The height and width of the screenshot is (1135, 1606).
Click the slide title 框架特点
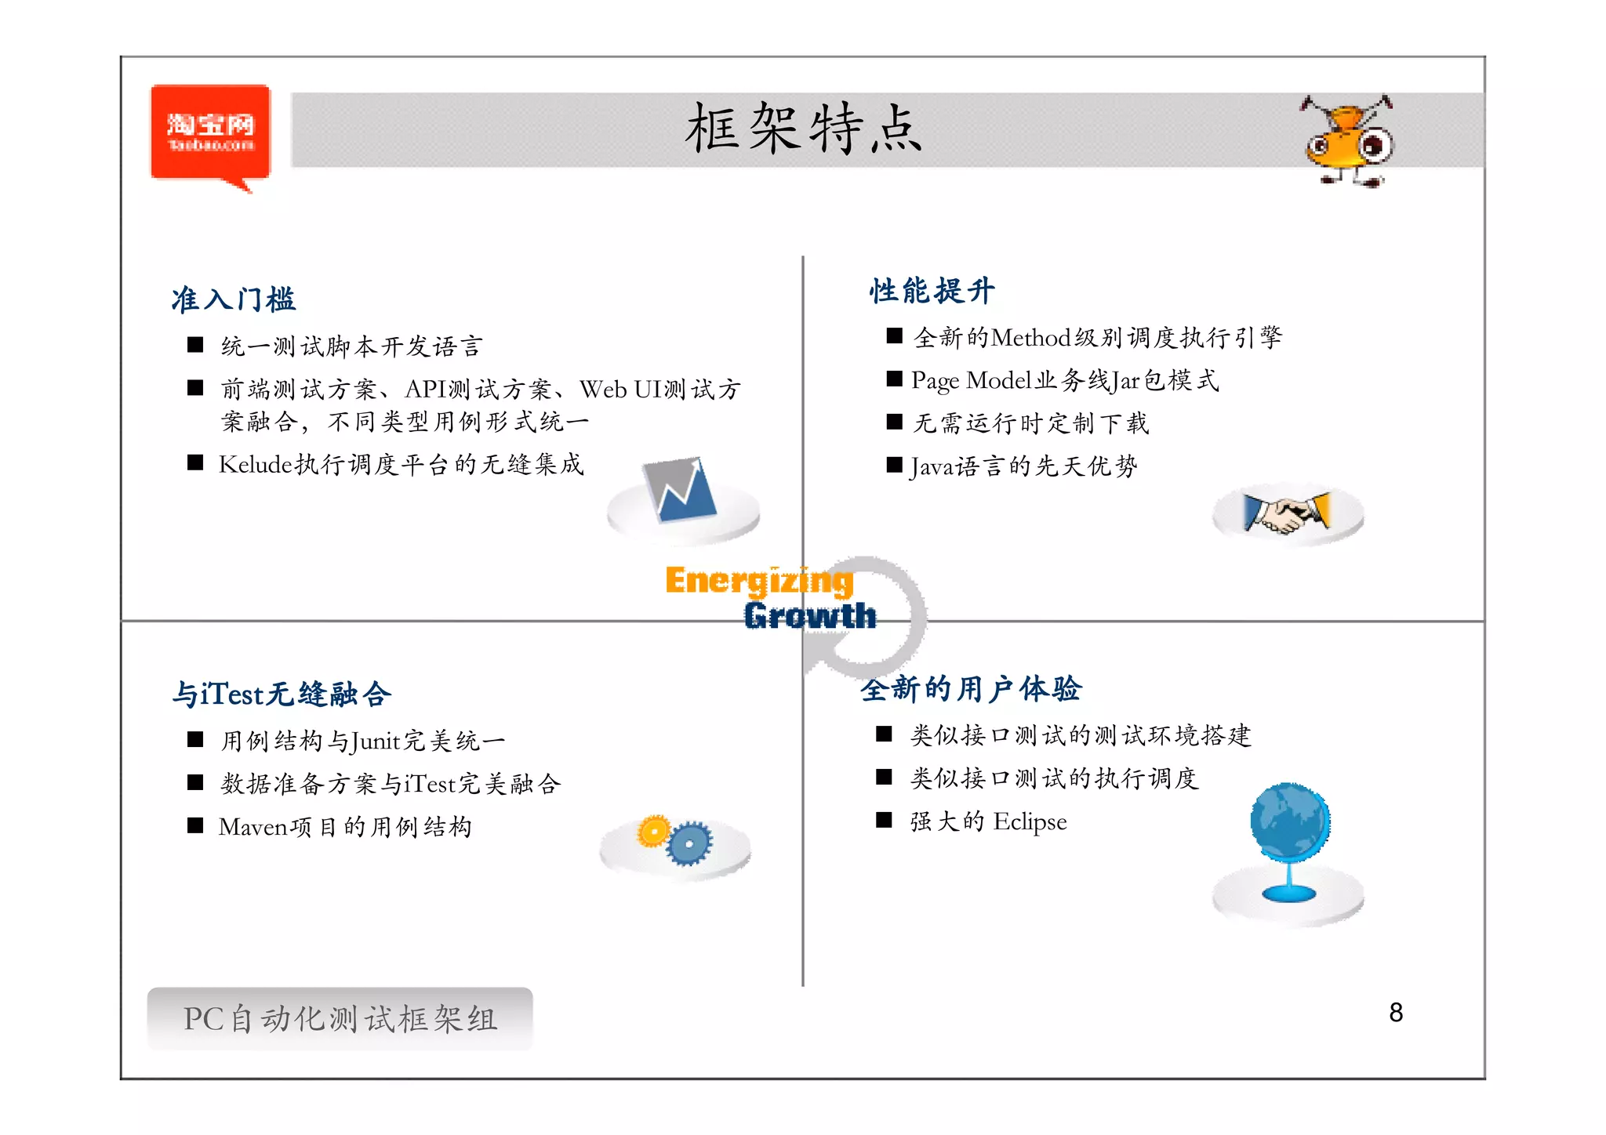click(x=804, y=129)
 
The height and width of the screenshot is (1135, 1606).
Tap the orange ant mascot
click(x=1348, y=141)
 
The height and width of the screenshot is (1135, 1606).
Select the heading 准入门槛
click(x=234, y=299)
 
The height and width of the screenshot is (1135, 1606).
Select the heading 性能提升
click(x=932, y=291)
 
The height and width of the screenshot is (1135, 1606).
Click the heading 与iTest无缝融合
click(x=282, y=694)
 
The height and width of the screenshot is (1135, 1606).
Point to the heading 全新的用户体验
click(x=971, y=689)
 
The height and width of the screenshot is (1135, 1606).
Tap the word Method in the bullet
click(x=1030, y=338)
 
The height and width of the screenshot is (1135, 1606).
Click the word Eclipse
click(x=1030, y=821)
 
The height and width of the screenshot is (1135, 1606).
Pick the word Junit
click(x=376, y=741)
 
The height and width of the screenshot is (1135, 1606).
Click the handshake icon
click(x=1287, y=514)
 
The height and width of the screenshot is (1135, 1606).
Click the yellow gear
click(x=653, y=831)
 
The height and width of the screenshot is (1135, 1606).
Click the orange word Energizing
click(x=758, y=581)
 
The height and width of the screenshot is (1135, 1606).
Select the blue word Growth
click(x=809, y=616)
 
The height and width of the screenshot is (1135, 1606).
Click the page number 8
click(x=1396, y=1013)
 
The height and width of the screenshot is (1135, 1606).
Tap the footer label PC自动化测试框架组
click(x=340, y=1019)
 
